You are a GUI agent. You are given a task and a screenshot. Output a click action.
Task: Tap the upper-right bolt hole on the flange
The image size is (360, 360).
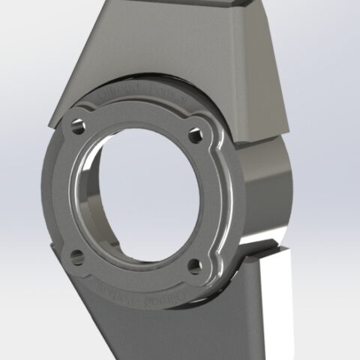(x=196, y=137)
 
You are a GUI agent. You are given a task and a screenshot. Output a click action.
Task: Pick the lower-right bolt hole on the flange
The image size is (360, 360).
(x=194, y=265)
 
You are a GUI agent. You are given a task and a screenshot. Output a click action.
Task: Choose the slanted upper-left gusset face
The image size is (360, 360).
(x=97, y=60)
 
